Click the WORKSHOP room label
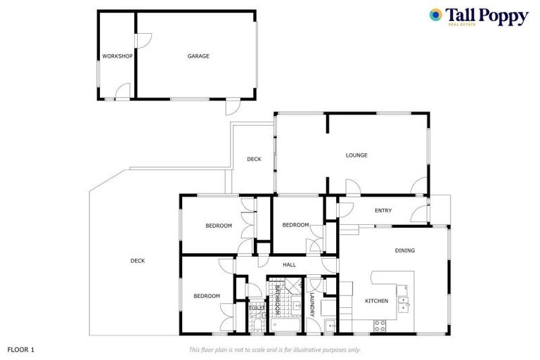[117, 56]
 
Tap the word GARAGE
[198, 56]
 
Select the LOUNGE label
[356, 155]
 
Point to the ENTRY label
[383, 210]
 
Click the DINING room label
[404, 250]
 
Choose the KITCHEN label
[376, 301]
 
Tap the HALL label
[289, 265]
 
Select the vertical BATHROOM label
[278, 300]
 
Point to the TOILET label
[257, 308]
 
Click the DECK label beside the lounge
[254, 160]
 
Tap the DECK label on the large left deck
[138, 261]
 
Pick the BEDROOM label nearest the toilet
[207, 296]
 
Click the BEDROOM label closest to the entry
[295, 225]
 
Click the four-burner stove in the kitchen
[380, 326]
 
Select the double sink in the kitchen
[403, 304]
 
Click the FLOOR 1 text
[21, 349]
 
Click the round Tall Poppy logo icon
[436, 14]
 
